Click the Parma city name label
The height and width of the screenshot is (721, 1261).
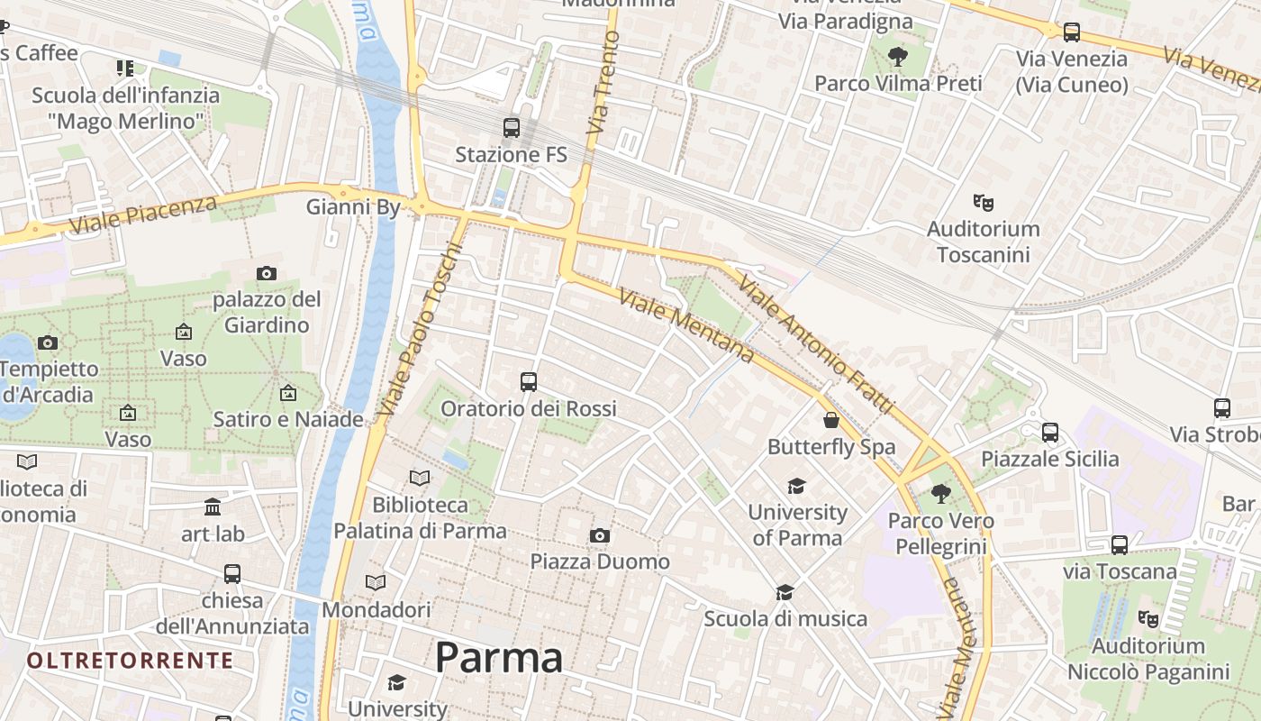pyautogui.click(x=499, y=658)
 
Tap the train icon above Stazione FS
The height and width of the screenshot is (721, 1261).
pyautogui.click(x=512, y=128)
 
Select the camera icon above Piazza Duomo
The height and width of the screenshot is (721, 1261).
pyautogui.click(x=600, y=536)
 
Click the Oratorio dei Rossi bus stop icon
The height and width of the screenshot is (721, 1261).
pyautogui.click(x=529, y=382)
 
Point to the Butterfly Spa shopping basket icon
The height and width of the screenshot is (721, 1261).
pyautogui.click(x=831, y=420)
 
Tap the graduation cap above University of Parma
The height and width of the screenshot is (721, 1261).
pyautogui.click(x=796, y=487)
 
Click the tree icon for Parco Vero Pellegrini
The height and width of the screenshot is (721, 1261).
pyautogui.click(x=941, y=494)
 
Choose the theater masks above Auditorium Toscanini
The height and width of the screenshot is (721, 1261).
pyautogui.click(x=983, y=203)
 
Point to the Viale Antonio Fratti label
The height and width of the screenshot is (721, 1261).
pyautogui.click(x=816, y=346)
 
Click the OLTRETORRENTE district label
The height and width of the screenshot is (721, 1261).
pyautogui.click(x=130, y=661)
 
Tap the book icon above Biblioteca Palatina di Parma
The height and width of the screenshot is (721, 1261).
pyautogui.click(x=420, y=478)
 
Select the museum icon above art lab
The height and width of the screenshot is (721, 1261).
pyautogui.click(x=213, y=507)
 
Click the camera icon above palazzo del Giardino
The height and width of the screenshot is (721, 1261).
pyautogui.click(x=267, y=273)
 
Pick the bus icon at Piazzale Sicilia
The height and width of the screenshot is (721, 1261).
pyautogui.click(x=1050, y=433)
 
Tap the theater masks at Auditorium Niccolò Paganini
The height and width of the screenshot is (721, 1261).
pyautogui.click(x=1148, y=619)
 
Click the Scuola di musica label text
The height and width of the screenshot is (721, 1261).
pyautogui.click(x=785, y=619)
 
